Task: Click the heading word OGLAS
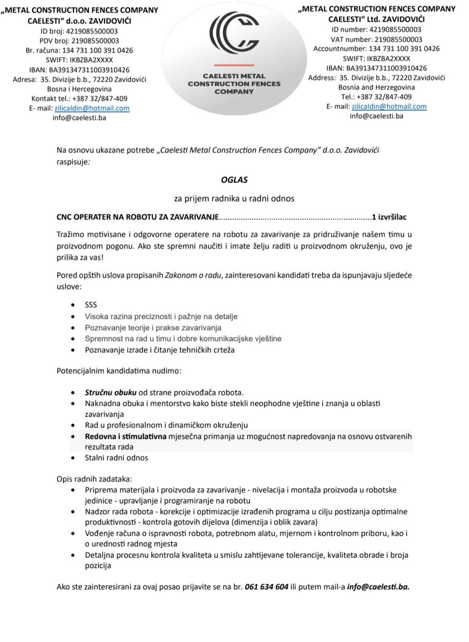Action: tap(234, 180)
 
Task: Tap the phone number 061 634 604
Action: tap(266, 587)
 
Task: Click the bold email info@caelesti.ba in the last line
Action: tap(378, 587)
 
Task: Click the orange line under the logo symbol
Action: tap(234, 65)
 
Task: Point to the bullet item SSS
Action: tap(91, 305)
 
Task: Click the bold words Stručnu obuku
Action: tap(111, 392)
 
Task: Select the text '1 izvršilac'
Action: tap(389, 217)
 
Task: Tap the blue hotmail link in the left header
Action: tap(92, 108)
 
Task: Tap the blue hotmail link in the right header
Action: tap(389, 106)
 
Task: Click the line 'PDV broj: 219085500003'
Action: tap(79, 41)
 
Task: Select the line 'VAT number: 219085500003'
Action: tap(376, 39)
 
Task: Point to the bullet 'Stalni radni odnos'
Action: tap(116, 458)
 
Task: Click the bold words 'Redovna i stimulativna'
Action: tap(125, 436)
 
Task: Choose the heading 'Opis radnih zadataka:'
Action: tap(94, 479)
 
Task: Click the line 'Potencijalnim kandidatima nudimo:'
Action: tap(119, 371)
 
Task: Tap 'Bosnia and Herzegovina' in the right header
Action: tap(376, 87)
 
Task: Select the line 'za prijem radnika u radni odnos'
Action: tap(234, 199)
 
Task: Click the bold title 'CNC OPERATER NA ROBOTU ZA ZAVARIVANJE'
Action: tap(137, 217)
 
